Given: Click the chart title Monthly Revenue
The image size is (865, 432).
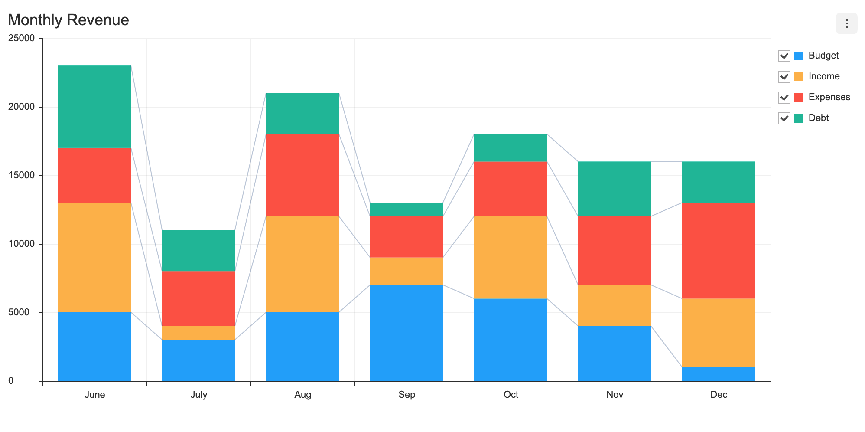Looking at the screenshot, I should click(68, 20).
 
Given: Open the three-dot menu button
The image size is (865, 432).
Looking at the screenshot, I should click(846, 23).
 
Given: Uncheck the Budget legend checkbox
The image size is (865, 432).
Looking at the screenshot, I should click(784, 56).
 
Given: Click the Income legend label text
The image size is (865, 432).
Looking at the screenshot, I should click(824, 76).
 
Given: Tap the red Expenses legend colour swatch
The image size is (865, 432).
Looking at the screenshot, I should click(798, 98).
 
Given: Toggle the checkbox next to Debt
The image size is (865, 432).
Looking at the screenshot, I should click(784, 118).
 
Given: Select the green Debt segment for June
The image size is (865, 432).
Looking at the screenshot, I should click(94, 107).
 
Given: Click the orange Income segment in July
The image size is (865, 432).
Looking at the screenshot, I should click(198, 333).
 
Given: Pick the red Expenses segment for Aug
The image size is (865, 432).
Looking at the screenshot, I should click(302, 175).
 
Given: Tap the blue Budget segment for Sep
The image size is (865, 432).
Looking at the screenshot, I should click(406, 333).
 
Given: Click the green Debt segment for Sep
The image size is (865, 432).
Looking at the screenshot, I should click(406, 209).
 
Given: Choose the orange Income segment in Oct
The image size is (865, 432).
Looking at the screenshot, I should click(511, 257).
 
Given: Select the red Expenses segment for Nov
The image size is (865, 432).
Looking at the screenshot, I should click(615, 250).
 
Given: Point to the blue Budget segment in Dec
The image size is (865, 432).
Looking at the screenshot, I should click(719, 374).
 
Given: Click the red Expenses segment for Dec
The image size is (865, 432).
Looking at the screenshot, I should click(719, 250).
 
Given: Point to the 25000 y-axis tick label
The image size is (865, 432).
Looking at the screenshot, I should click(22, 38).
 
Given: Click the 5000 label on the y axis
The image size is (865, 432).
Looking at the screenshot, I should click(24, 312).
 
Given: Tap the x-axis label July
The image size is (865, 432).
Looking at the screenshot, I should click(198, 395).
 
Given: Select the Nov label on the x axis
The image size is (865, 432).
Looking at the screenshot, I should click(615, 395).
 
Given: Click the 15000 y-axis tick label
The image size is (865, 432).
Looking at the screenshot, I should click(22, 175).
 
